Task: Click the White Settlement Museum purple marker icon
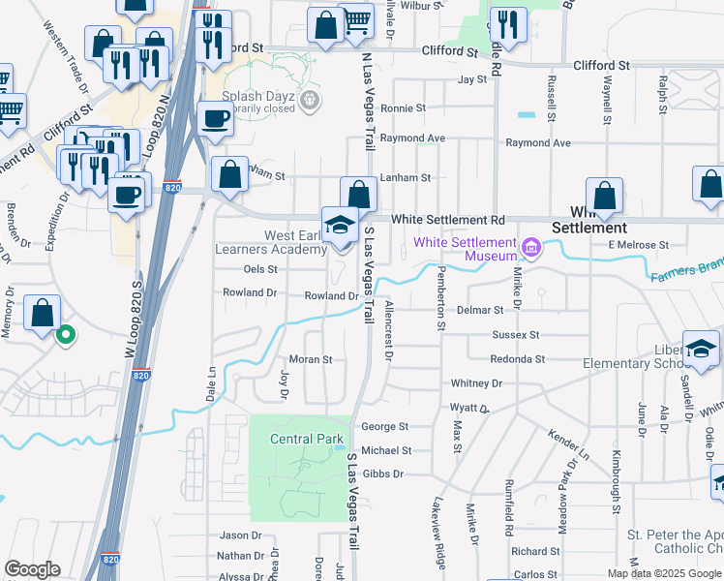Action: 530,249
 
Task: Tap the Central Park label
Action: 307,439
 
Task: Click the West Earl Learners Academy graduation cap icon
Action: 340,226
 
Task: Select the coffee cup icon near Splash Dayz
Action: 215,119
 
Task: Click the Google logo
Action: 32,569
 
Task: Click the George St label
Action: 384,426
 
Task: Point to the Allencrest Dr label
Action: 388,330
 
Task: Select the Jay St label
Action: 471,80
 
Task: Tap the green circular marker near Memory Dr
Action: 66,336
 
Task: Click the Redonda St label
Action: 519,359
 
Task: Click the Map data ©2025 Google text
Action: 663,572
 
